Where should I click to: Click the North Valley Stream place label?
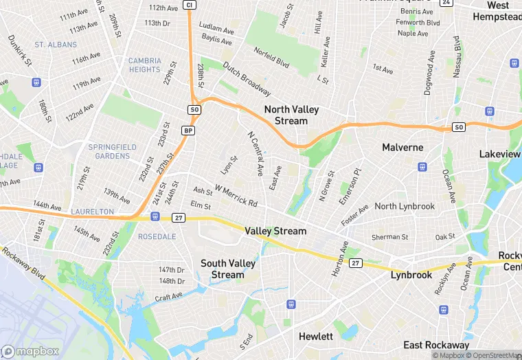(286, 115)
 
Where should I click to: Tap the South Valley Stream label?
(227, 269)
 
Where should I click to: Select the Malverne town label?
(402, 147)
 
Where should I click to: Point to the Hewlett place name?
(316, 337)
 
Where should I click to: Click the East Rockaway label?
(436, 345)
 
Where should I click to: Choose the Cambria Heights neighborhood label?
(145, 65)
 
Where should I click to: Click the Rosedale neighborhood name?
(157, 236)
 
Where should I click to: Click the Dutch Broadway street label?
(246, 80)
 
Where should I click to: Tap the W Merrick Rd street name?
(236, 196)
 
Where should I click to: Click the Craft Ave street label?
(169, 297)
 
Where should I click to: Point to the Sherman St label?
(389, 237)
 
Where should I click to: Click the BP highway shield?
(188, 131)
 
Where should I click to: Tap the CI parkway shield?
(189, 5)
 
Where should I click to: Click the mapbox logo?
(32, 351)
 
